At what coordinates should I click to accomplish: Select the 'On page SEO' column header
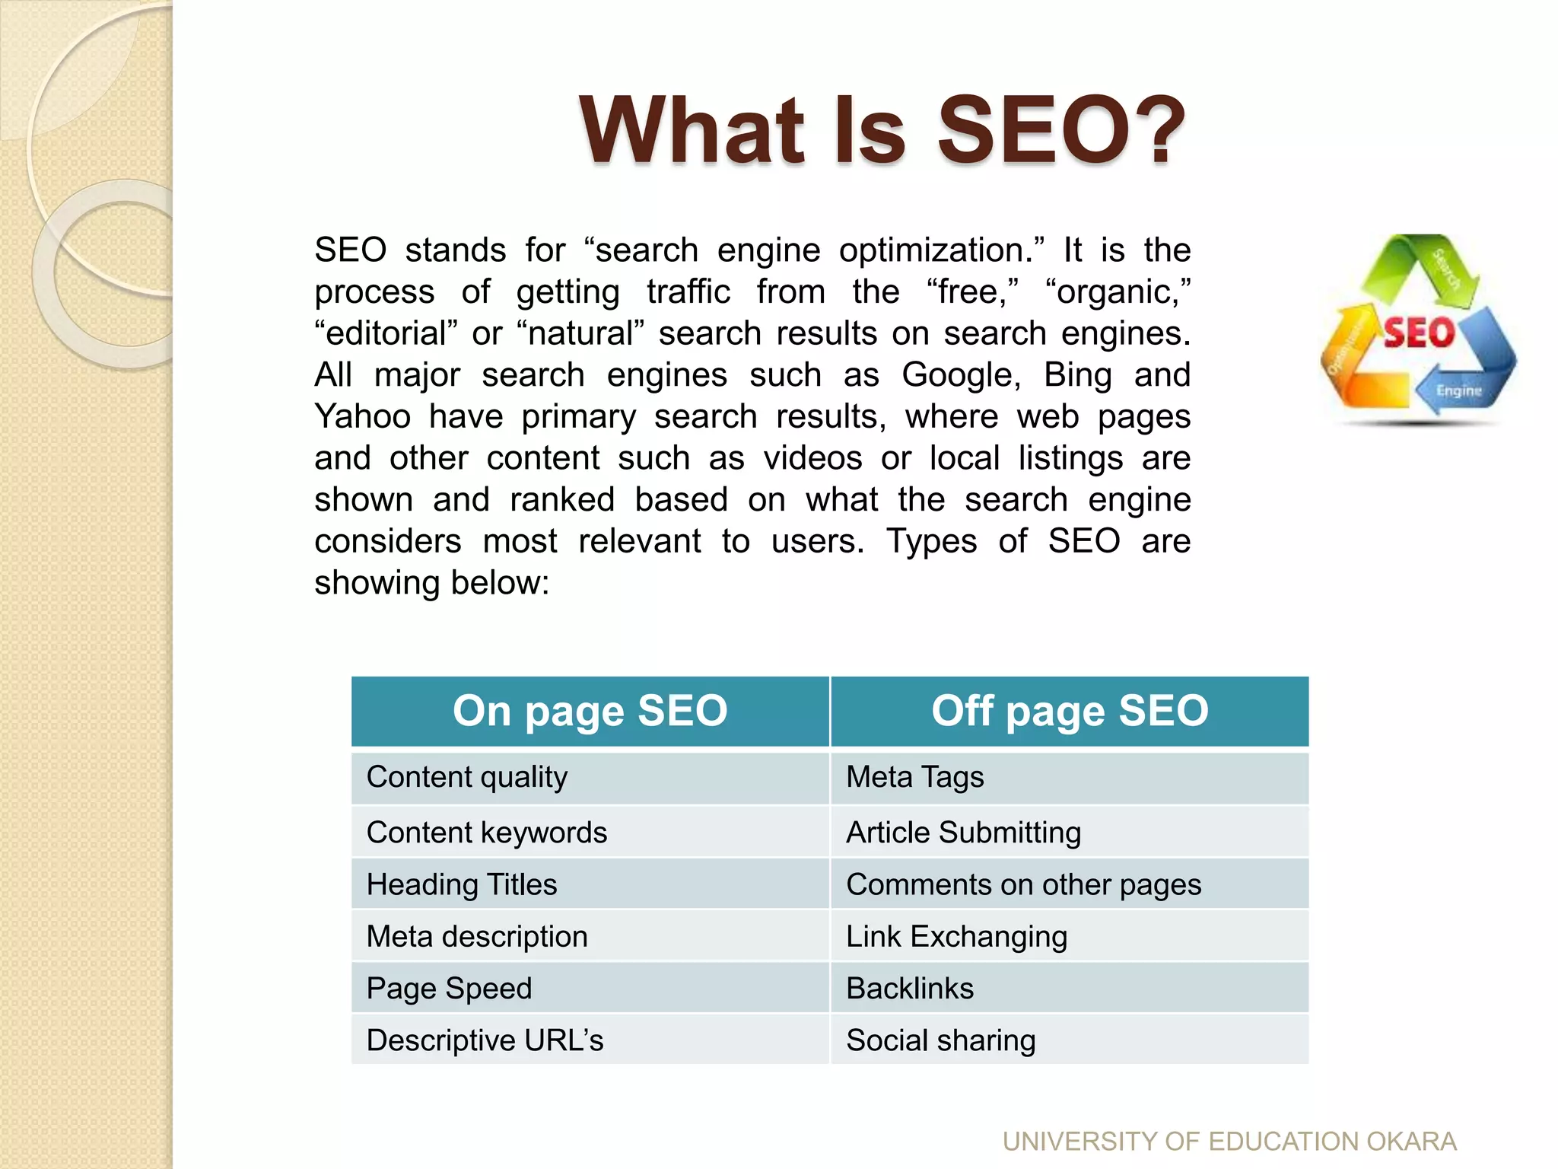(x=590, y=711)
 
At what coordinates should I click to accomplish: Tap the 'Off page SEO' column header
(x=1070, y=711)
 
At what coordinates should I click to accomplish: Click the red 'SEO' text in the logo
(x=1418, y=333)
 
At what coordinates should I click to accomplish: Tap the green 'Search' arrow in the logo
(x=1430, y=270)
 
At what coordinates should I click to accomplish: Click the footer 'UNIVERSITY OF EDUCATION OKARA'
(x=1229, y=1142)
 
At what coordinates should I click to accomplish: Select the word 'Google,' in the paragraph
(x=961, y=375)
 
